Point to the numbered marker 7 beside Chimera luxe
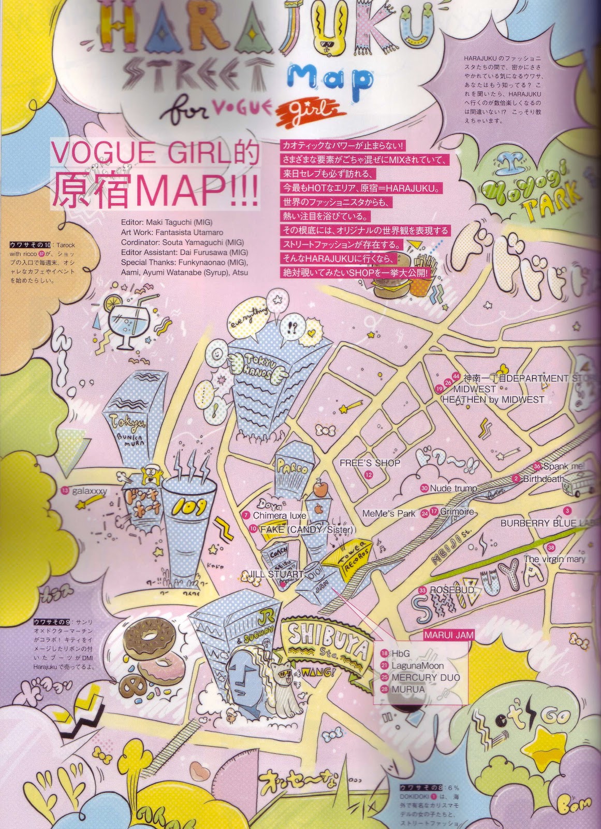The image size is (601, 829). pos(246,516)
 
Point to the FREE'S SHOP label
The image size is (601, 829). pos(370,463)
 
